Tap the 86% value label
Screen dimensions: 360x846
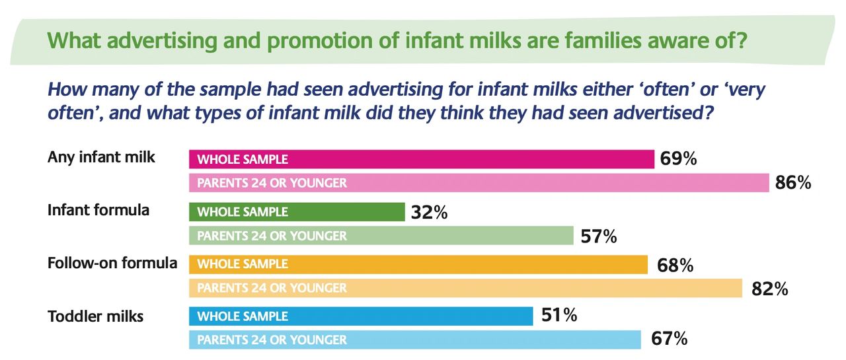pos(793,182)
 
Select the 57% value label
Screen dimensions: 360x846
pos(599,236)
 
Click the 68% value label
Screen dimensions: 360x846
pos(675,265)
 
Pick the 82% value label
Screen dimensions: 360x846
pos(770,289)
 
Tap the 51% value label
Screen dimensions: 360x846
pos(559,316)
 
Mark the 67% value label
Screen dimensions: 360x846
pos(669,340)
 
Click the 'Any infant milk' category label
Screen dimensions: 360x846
pos(101,157)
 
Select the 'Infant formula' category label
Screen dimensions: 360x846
pos(98,210)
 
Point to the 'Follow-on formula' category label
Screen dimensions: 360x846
pos(112,263)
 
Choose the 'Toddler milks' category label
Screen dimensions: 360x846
pos(95,316)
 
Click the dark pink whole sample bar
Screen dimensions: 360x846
pos(421,159)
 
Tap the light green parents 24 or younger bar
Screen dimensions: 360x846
pos(381,236)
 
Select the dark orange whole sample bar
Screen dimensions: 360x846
pos(418,264)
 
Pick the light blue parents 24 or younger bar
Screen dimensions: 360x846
pos(414,340)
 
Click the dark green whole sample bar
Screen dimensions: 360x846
pos(297,212)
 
